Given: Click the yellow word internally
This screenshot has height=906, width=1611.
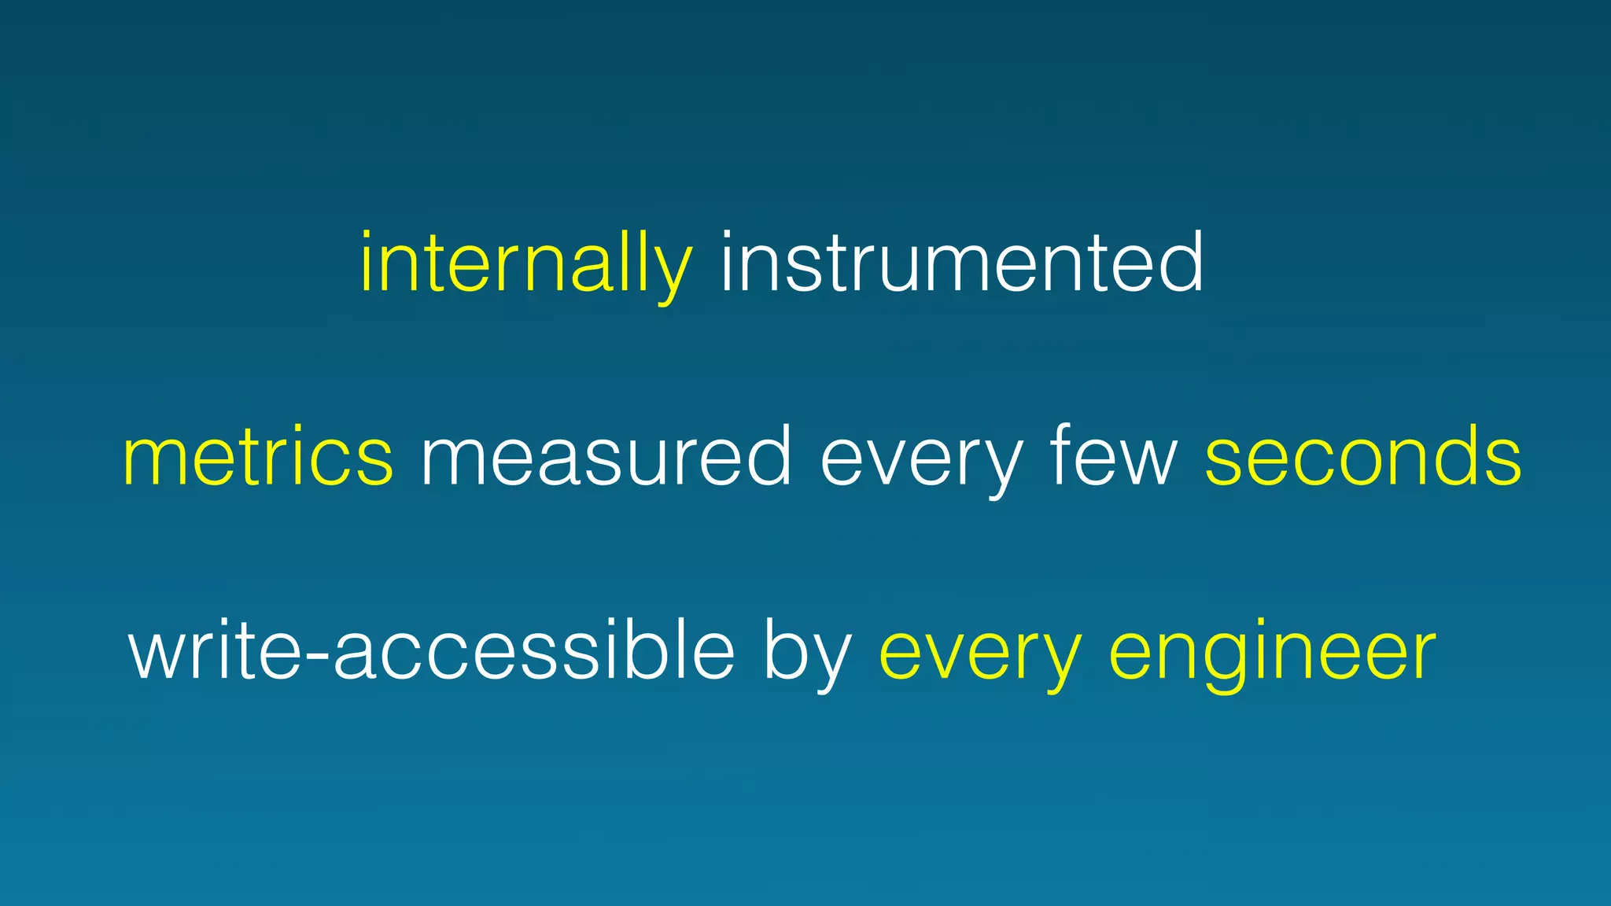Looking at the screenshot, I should [525, 263].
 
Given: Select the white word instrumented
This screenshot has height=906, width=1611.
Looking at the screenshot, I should [961, 263].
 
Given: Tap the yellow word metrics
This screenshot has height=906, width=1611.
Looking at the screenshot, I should [258, 458].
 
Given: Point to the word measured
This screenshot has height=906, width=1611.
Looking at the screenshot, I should [606, 458].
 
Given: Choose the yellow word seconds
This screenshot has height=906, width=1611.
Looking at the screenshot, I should [1363, 458].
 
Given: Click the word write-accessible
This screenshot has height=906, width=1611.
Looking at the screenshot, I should [431, 651].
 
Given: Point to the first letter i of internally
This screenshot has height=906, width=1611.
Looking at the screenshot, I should [367, 263].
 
